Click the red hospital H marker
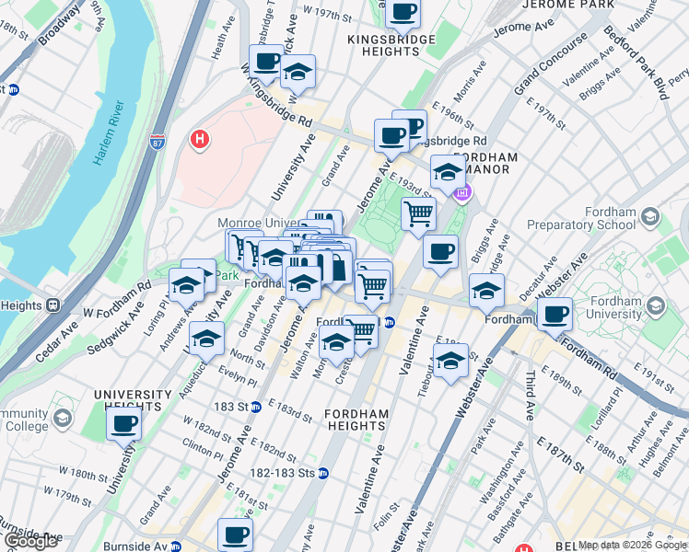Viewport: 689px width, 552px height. click(197, 140)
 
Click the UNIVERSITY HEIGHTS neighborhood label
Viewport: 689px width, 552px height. click(133, 400)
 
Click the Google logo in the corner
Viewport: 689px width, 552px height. click(29, 541)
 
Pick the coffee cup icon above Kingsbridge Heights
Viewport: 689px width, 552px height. click(402, 12)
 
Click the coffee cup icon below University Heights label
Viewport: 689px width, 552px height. click(123, 424)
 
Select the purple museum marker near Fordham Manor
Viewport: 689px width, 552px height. click(462, 192)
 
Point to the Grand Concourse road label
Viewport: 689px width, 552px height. click(549, 66)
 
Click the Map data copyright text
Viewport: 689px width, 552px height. click(632, 545)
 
